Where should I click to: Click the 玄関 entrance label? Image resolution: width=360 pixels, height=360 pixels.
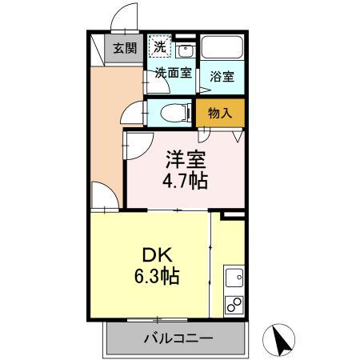point(123,48)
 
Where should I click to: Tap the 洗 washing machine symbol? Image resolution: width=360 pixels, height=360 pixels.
point(160,46)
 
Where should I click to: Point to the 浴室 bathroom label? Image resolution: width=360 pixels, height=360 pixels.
point(222,77)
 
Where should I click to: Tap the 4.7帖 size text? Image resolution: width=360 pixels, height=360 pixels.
point(187,181)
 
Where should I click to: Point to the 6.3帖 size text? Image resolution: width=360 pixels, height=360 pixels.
point(157,278)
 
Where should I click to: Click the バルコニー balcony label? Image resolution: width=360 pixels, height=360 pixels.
point(178,338)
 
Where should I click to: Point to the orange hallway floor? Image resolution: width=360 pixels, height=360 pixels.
point(104,136)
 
